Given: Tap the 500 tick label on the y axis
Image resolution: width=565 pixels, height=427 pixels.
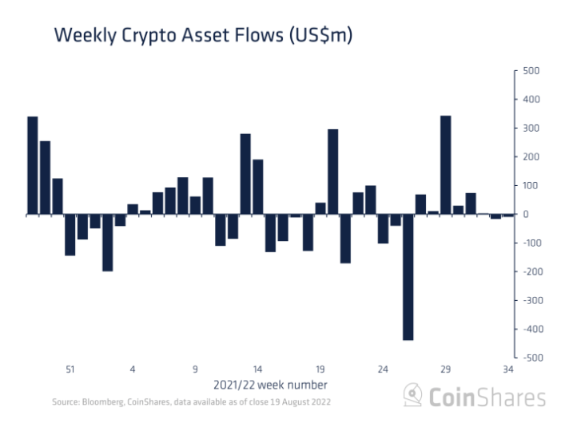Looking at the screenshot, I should (x=531, y=71).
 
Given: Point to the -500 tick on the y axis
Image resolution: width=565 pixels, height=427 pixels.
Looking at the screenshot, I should (x=528, y=358).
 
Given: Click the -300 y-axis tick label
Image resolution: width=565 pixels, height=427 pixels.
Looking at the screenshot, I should (x=528, y=300).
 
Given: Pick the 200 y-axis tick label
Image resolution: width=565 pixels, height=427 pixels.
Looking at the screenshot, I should (x=531, y=156).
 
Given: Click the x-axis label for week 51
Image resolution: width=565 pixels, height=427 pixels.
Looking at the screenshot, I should (x=70, y=370).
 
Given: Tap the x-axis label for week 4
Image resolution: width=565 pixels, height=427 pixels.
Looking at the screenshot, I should (x=133, y=370).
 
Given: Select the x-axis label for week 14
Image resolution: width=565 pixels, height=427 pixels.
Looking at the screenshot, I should (x=258, y=370).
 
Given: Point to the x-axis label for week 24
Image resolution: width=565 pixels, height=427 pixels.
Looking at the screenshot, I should (x=383, y=370).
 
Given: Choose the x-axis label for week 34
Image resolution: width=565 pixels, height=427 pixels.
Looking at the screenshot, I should (x=508, y=370).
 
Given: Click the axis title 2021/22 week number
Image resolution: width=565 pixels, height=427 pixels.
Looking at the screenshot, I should (x=269, y=385).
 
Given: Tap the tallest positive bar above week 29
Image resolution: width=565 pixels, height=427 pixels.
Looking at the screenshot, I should (x=445, y=165).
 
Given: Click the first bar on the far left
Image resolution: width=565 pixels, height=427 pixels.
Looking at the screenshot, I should (x=33, y=165).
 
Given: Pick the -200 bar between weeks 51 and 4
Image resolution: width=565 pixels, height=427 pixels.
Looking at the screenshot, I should (x=107, y=243).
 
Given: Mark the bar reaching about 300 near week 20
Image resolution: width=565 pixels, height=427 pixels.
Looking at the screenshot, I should (x=332, y=172).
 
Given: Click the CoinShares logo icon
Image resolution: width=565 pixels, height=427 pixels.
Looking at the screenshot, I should (x=412, y=395).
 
